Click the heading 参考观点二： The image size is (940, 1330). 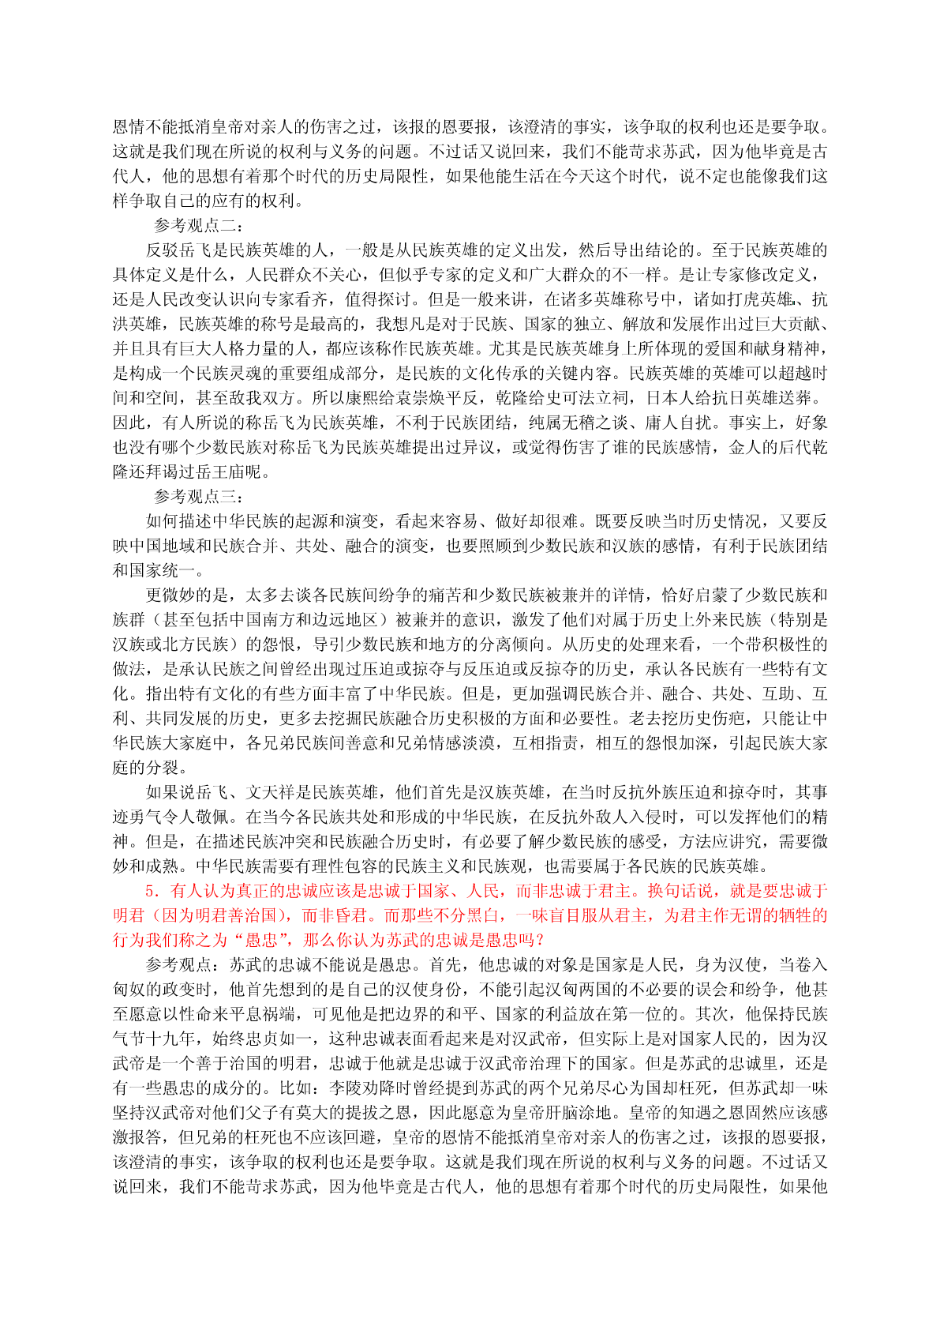pos(200,226)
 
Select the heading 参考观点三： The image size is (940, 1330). pos(200,497)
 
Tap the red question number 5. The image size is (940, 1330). pos(153,892)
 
